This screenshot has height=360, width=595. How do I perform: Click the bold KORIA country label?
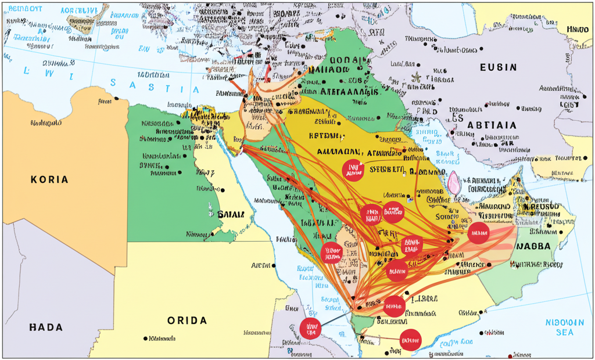[x=49, y=180]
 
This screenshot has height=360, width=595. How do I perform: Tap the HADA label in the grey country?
[x=45, y=327]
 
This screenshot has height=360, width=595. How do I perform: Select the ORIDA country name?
[x=187, y=321]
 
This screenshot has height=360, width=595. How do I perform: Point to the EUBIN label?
[x=497, y=67]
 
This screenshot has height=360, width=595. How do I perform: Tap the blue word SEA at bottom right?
[x=564, y=332]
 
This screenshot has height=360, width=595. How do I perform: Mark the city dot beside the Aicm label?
[x=274, y=265]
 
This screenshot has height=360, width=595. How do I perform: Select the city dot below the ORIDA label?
[x=145, y=338]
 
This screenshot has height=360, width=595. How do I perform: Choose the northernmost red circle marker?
[x=353, y=170]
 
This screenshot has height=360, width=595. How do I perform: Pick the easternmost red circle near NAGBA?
[x=479, y=233]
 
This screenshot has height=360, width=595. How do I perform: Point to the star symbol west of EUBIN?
[x=415, y=76]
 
